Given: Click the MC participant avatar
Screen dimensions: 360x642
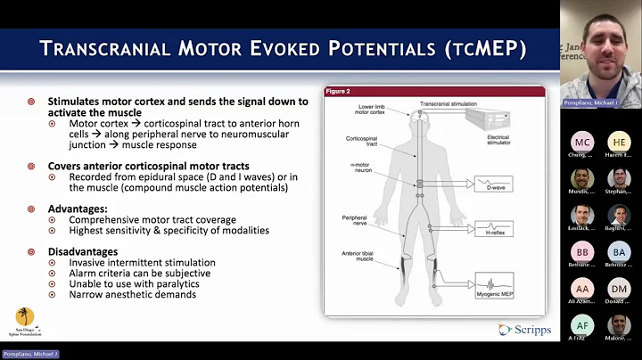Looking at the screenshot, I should pyautogui.click(x=582, y=143).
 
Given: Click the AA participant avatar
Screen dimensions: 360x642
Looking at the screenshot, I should pyautogui.click(x=582, y=290).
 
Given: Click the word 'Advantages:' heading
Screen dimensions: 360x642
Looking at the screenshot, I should pyautogui.click(x=72, y=208).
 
